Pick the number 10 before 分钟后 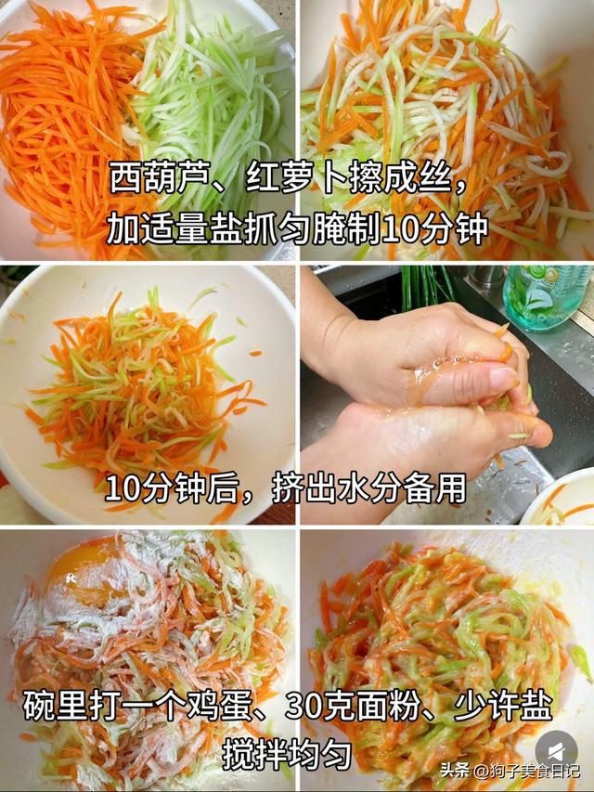pyautogui.click(x=123, y=488)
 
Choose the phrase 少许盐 pyautogui.click(x=503, y=706)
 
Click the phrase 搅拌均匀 pyautogui.click(x=288, y=755)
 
